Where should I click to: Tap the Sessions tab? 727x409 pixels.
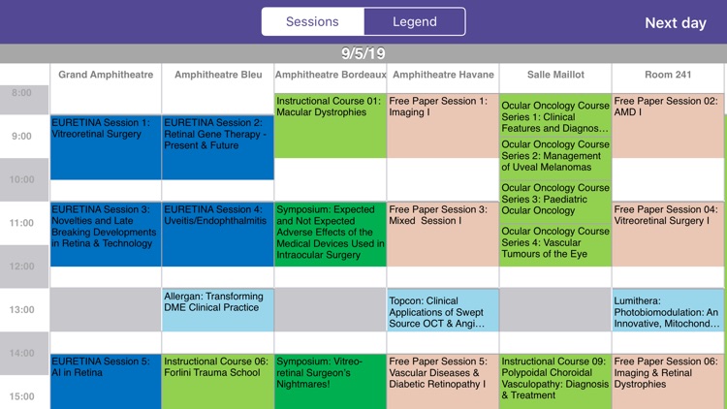312,21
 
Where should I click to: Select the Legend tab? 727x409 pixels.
414,21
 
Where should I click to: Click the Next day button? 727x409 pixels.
676,22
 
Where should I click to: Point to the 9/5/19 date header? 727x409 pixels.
363,53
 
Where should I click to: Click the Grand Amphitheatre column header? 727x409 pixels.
106,75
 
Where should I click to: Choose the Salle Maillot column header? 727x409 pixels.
555,75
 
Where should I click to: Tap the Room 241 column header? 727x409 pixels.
669,75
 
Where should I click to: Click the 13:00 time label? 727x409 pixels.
21,310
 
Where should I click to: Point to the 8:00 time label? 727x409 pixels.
21,93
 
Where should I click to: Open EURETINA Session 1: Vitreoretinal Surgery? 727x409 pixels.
106,145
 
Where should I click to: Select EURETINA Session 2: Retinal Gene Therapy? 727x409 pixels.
218,145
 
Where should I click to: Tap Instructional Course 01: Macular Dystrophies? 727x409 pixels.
330,124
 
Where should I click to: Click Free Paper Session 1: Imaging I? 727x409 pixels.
442,124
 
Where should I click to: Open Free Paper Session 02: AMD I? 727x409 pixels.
669,124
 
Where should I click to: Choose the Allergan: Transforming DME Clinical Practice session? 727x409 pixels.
218,309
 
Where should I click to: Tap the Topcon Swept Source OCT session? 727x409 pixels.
442,309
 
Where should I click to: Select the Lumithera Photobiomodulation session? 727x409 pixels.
669,309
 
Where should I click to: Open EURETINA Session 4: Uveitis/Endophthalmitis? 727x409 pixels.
218,233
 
